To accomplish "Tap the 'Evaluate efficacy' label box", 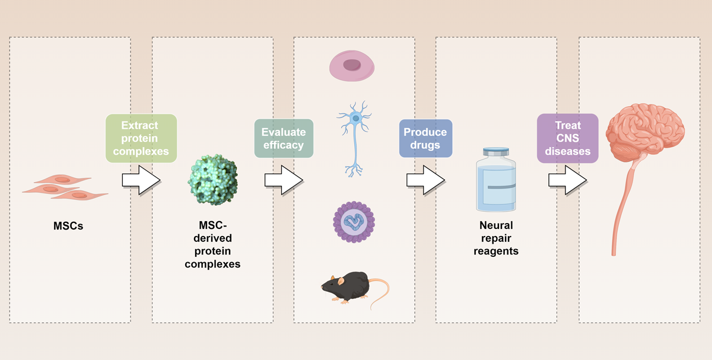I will [x=284, y=138].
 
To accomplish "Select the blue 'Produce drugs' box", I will [x=425, y=138].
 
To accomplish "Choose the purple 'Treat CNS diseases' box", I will [x=568, y=138].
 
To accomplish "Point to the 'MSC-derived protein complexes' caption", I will [x=212, y=244].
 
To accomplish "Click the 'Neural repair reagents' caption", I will [x=498, y=238].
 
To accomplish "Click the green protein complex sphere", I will [x=212, y=177].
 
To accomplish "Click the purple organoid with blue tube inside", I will [x=354, y=221].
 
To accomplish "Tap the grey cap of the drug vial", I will [x=498, y=152].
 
